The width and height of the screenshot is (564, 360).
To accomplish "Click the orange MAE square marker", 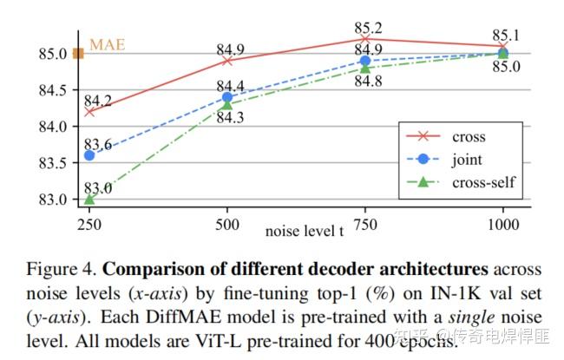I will [78, 54].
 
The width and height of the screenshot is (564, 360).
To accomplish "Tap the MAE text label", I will [107, 44].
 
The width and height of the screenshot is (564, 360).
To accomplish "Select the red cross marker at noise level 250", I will [89, 111].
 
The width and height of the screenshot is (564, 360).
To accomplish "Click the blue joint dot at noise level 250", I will [89, 155].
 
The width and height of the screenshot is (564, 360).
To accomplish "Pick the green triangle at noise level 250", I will [89, 199].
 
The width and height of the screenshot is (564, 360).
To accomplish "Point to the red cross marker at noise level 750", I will [364, 38].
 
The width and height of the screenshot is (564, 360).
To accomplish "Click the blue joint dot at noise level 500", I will [227, 97].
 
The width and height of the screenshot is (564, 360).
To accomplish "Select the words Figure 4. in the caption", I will [60, 267].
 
